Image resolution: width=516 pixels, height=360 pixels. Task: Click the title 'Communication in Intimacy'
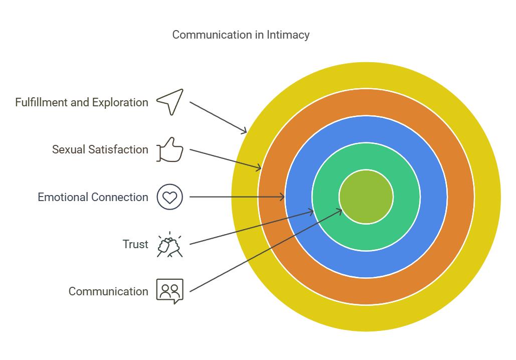(241, 35)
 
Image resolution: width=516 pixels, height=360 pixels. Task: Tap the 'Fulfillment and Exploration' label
(82, 102)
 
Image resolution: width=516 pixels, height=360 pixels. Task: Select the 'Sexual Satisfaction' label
(100, 149)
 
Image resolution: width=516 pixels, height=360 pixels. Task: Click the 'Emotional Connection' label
(93, 197)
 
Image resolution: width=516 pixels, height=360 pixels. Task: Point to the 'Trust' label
(135, 244)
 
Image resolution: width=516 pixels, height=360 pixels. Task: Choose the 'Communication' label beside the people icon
(108, 291)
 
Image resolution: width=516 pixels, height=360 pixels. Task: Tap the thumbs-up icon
(170, 149)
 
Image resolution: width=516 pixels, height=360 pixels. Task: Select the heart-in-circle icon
(170, 197)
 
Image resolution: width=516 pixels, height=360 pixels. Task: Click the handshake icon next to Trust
(170, 245)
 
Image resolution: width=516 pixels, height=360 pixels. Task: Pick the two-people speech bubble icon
(170, 291)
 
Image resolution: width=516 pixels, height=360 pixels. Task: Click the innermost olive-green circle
(366, 197)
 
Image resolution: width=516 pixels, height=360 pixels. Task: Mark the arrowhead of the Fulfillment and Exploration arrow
(245, 132)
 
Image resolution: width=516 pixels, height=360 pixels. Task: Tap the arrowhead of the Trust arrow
(312, 212)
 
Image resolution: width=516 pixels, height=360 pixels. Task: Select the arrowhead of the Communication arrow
(340, 211)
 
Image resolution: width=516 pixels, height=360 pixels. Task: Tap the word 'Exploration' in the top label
(120, 102)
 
